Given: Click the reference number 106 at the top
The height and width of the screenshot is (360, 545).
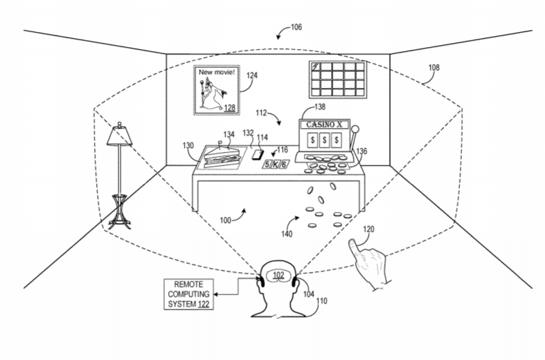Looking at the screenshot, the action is pos(296,27).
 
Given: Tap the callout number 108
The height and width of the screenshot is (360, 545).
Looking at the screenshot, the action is pos(434,67).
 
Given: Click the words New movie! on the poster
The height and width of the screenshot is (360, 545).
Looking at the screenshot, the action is pos(217,72).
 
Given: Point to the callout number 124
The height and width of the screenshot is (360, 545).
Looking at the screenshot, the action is pos(252,76).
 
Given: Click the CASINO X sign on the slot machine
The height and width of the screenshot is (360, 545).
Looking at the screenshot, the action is pos(324,125).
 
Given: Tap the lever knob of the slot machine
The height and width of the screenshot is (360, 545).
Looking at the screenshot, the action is pos(355,130).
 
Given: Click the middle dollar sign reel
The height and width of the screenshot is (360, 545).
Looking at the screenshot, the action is pos(324,140).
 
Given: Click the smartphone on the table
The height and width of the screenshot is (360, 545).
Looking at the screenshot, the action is pos(258,154).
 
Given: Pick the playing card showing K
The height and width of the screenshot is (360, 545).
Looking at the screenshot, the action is pos(275,164).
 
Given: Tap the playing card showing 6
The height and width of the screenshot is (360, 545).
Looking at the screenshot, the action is pos(284,164).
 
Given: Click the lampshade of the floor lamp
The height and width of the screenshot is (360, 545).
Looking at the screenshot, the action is pos(119,136).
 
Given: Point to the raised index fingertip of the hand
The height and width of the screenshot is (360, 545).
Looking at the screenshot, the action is pos(352,242).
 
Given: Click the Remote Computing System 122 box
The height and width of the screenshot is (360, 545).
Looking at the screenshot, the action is pos(189,295).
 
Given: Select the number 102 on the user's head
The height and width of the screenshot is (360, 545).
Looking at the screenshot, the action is pos(279,276).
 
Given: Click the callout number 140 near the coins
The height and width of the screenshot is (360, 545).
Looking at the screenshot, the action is pos(287,234).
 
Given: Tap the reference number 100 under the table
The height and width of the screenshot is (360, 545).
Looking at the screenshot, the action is pos(225,220).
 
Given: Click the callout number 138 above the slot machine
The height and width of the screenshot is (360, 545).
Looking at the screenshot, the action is pos(320,107).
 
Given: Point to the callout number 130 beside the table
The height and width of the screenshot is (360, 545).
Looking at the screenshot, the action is pos(188,145).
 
